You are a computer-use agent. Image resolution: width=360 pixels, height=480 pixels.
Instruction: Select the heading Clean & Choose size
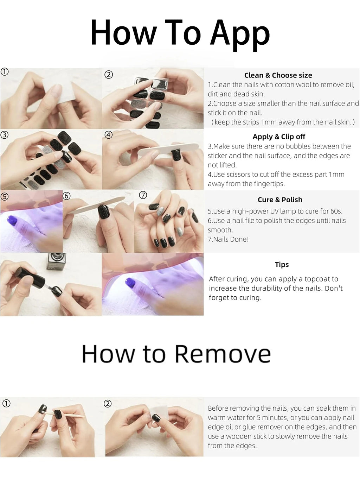278,75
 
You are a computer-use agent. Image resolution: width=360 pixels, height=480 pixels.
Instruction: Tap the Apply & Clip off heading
279,137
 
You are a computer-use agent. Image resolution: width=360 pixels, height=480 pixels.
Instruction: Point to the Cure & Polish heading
280,200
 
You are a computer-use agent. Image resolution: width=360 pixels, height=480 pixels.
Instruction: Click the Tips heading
282,265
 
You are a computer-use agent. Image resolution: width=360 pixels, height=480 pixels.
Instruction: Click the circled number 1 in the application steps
5,72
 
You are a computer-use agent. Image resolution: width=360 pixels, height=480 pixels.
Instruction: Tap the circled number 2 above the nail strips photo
109,75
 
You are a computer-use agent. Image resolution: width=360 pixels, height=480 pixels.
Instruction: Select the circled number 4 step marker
109,135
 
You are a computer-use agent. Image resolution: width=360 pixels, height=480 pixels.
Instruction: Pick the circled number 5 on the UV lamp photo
4,197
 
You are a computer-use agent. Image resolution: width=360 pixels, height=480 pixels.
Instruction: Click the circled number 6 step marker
67,196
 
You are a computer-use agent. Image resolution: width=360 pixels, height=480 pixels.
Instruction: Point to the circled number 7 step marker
143,195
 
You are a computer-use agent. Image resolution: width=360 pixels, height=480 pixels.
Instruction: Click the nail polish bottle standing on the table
56,261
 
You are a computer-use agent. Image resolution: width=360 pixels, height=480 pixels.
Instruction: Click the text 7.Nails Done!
228,239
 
